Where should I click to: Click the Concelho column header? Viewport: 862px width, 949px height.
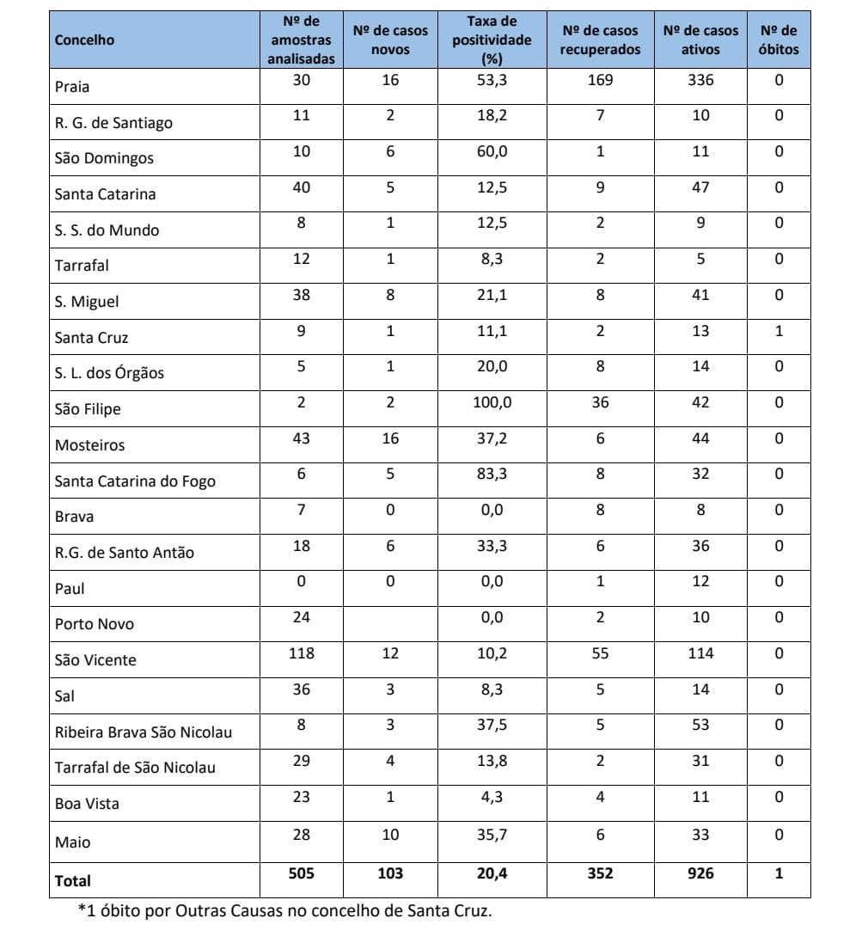pos(84,40)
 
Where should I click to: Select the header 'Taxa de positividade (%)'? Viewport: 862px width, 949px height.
pos(492,40)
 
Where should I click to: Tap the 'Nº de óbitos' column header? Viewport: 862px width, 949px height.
pos(779,40)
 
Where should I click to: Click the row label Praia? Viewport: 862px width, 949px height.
pos(72,87)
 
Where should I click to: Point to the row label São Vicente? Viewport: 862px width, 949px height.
pos(95,660)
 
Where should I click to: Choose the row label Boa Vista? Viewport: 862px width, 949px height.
pos(87,804)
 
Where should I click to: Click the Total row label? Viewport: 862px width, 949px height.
pos(72,880)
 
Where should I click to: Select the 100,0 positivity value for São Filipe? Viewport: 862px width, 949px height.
pos(492,401)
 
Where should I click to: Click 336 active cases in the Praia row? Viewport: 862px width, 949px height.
pos(700,79)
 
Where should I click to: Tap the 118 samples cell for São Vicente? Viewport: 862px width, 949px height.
pos(301,653)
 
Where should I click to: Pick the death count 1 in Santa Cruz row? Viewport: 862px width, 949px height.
pos(779,330)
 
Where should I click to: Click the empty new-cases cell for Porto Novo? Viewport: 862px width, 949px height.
pos(390,623)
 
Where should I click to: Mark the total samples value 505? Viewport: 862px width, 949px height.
pos(301,873)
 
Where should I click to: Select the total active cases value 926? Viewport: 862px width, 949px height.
pos(700,873)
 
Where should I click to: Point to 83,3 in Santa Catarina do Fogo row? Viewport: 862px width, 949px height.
pos(492,474)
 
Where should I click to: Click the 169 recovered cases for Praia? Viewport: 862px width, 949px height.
pos(600,79)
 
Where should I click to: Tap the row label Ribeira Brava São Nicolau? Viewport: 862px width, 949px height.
pos(144,732)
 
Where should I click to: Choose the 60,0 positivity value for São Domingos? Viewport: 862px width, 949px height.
pos(492,150)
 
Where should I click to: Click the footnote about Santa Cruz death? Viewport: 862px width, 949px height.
pos(285,911)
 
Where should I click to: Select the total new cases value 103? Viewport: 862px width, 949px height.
pos(390,873)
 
